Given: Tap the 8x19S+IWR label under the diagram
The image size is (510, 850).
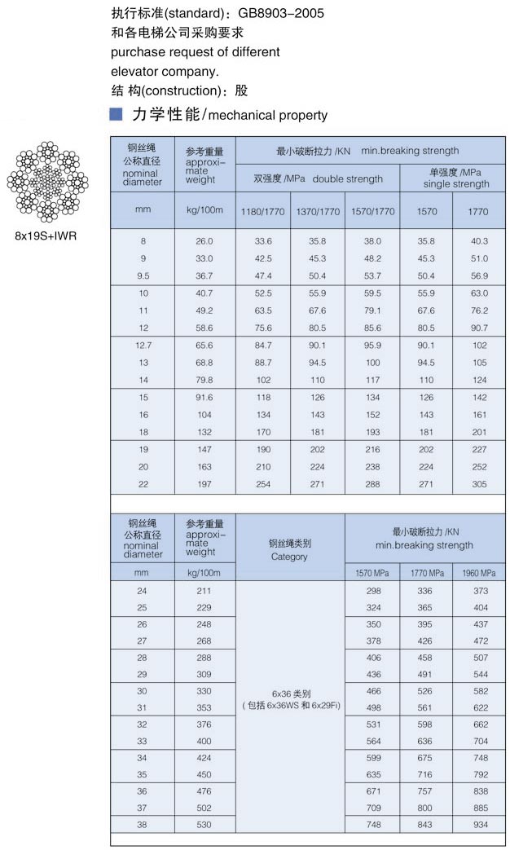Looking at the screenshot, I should point(46,237).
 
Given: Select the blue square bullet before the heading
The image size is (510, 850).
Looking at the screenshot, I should point(116,114).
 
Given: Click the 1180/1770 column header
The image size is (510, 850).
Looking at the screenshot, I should point(262,211).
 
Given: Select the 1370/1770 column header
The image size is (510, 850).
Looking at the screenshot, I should point(317,211).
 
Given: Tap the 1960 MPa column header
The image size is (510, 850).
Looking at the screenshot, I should point(479,573).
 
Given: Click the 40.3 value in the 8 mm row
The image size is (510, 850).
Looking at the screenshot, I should point(479,241).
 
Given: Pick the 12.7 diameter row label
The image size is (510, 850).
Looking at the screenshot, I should point(143,345).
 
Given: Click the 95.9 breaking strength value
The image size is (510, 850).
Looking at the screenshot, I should point(372,345).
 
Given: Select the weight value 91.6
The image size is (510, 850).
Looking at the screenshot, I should point(204,398).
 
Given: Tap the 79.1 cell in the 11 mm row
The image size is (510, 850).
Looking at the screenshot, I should point(372,310).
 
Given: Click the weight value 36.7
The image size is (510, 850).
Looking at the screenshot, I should point(204,276).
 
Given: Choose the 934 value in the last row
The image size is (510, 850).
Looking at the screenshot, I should point(479,825).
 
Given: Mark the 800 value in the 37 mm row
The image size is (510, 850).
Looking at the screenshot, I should point(425,808).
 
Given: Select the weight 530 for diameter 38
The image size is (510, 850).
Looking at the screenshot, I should point(204,825).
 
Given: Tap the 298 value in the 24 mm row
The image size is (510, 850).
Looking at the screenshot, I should point(372,591).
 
